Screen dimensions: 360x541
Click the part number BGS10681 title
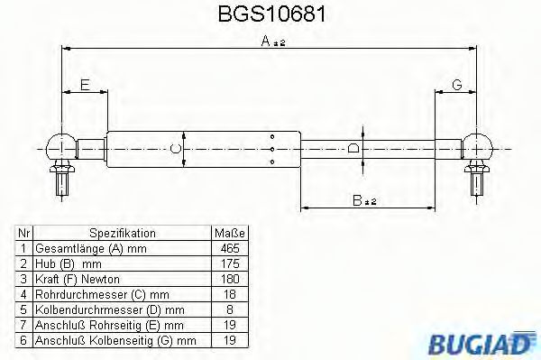point(270,15)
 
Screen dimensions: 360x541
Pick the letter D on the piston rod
point(354,147)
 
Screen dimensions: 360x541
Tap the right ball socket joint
point(477,145)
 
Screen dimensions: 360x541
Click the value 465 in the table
point(230,247)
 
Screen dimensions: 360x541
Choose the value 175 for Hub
point(230,263)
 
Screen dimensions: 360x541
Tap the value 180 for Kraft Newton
point(230,279)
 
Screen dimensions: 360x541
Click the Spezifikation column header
point(122,232)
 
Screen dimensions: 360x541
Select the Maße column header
point(230,232)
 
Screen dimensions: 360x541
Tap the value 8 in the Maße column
point(230,309)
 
